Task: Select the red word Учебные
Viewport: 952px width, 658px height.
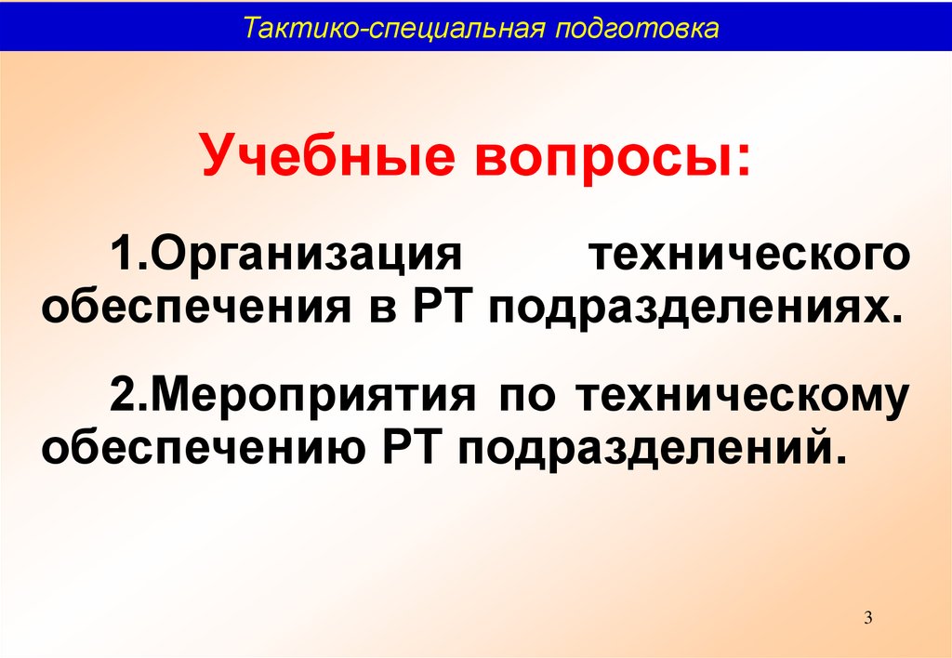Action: tap(329, 154)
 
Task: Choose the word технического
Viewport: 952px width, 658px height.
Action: tap(749, 256)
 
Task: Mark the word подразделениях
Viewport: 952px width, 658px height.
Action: tap(687, 310)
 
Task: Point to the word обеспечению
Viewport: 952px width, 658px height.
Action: tap(203, 453)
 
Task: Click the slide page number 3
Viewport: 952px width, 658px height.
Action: tap(868, 618)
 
